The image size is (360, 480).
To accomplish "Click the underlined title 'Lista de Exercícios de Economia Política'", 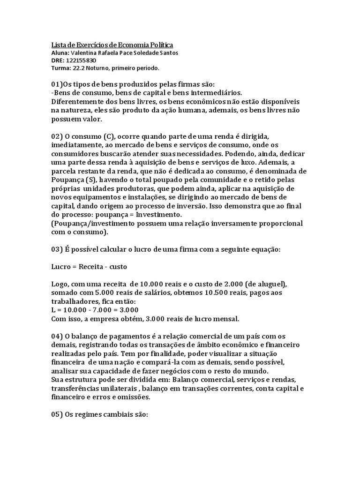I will click(112, 45).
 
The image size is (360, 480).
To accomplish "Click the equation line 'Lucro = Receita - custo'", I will click(89, 267).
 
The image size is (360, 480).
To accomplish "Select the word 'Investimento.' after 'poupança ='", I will click(159, 214).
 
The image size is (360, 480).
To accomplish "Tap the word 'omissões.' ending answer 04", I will click(134, 397).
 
